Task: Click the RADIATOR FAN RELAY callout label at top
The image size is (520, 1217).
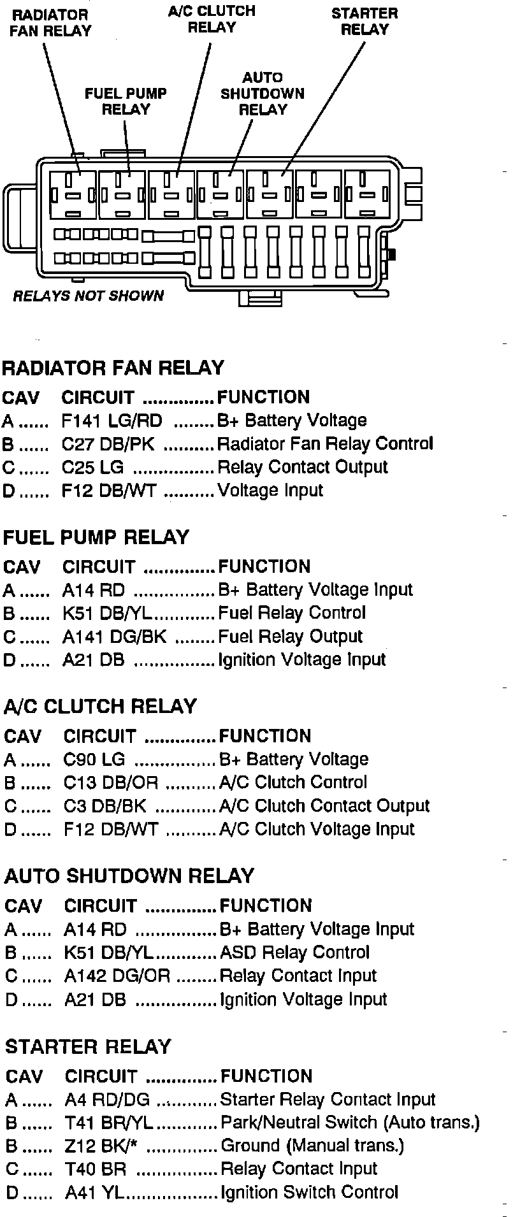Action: coord(50,22)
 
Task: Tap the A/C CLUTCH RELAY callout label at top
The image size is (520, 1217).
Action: coord(212,19)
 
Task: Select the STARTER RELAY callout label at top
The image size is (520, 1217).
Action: coord(365,21)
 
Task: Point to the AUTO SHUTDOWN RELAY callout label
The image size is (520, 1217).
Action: coord(263,94)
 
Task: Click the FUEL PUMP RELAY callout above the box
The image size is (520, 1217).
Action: coord(126,101)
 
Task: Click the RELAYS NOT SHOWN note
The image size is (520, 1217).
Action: coord(88,296)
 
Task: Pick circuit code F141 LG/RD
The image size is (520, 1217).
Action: coord(112,421)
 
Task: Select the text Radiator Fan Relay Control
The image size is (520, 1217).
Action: coord(325,443)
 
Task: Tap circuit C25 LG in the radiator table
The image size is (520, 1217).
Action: coord(92,467)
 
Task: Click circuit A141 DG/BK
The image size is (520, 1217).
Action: coord(114,637)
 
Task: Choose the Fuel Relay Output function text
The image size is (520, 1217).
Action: coord(290,637)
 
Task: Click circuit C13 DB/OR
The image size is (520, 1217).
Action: coord(110,782)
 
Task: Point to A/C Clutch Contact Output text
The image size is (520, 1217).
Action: coord(324,806)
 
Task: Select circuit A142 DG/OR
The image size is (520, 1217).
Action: coord(117,976)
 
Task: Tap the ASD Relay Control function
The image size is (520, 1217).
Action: coord(294,953)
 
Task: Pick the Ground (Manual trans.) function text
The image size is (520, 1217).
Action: coord(312,1146)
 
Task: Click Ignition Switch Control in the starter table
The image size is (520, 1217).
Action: coord(308,1193)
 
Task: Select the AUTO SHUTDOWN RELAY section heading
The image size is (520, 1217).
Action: coord(129,876)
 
